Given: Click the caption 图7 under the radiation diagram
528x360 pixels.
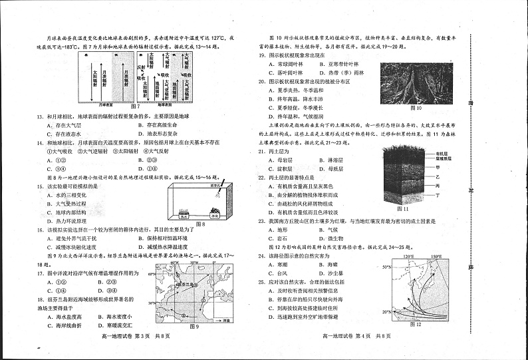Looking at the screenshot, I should pyautogui.click(x=135, y=106).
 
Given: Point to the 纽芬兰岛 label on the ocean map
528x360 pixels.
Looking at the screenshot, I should pyautogui.click(x=188, y=285).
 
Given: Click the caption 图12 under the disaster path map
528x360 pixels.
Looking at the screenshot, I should pyautogui.click(x=416, y=324).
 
